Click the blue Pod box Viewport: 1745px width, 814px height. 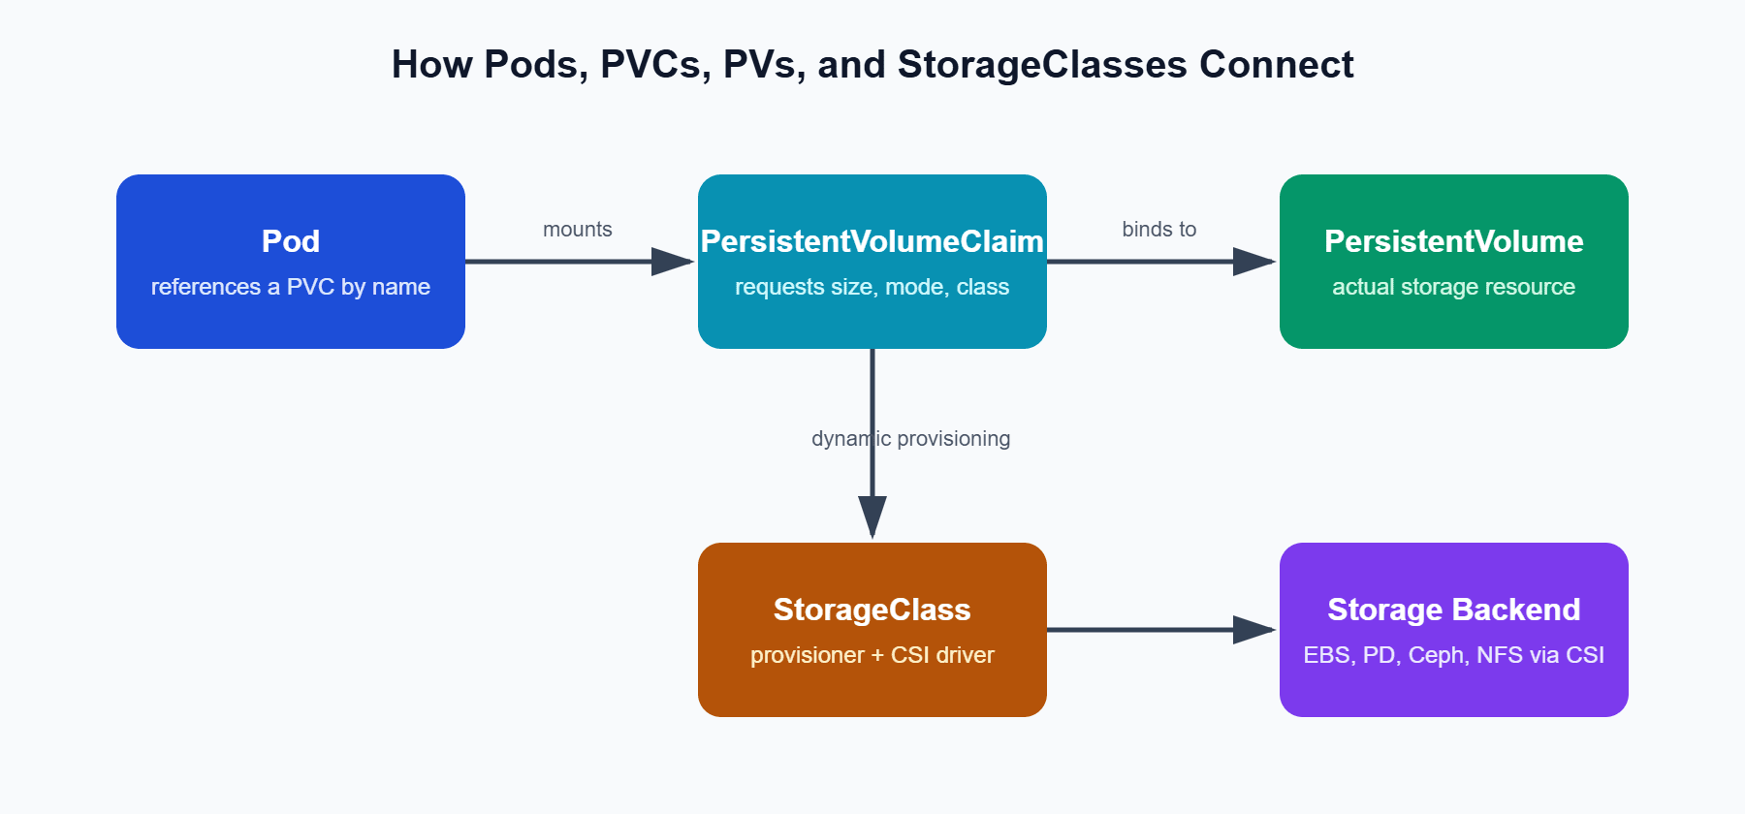pos(291,262)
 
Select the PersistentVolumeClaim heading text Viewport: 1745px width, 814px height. pos(872,241)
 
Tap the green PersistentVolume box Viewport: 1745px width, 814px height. pos(1454,262)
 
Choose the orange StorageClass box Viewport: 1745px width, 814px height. pos(872,630)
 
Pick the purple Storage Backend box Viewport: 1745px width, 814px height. pos(1454,630)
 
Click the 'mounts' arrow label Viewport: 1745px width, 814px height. pos(578,230)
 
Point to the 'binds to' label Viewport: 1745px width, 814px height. pos(1159,230)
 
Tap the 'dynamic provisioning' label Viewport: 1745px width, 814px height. pos(911,439)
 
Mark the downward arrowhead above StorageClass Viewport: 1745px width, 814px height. pos(872,517)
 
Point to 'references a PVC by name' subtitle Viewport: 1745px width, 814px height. pos(291,287)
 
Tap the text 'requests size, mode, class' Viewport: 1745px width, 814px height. pos(872,287)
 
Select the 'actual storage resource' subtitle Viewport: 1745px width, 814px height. pos(1454,287)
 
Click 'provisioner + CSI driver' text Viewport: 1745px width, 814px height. pos(872,655)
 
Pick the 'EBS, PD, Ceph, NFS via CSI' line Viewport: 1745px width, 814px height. pos(1454,655)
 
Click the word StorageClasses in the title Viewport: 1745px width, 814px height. pos(1042,65)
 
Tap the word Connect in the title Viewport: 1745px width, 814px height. pos(1277,65)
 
